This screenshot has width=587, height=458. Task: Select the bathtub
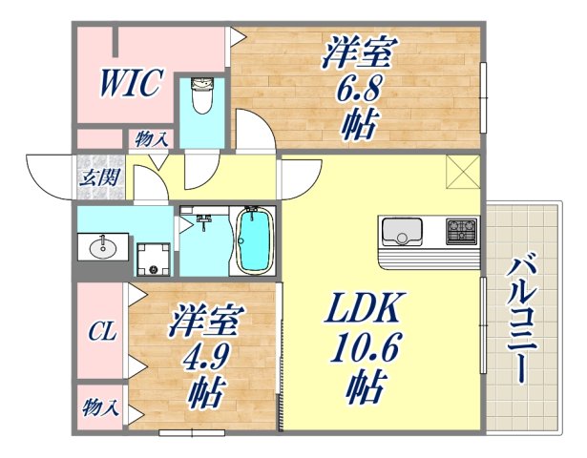(x=255, y=241)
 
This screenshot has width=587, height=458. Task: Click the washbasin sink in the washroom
(x=102, y=248)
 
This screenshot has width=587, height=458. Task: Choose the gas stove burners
(x=461, y=231)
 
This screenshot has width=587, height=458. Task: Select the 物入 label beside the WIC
(x=153, y=138)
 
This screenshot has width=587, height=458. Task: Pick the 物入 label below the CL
(x=100, y=408)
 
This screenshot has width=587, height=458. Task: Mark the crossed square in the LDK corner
(x=461, y=173)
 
